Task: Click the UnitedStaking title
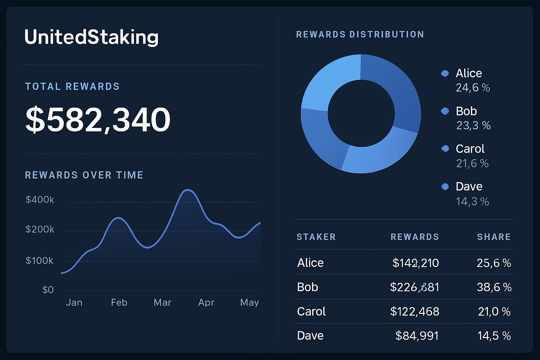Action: tap(91, 37)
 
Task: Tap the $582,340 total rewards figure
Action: tap(98, 120)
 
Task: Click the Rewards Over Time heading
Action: tap(84, 175)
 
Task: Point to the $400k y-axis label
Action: tap(40, 200)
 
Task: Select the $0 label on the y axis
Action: tap(48, 290)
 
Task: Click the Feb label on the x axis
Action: tap(119, 302)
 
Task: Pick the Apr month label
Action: tap(206, 302)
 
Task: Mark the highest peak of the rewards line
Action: tap(188, 190)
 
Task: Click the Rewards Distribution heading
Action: tap(360, 34)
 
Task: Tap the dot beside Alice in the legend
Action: tap(445, 73)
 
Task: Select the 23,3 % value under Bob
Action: tap(473, 126)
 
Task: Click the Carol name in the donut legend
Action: tap(470, 149)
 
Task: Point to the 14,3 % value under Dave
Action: tap(472, 201)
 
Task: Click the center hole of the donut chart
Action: tap(361, 113)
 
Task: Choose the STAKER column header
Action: tap(316, 237)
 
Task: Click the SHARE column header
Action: tap(494, 237)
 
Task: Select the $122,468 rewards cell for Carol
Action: tap(415, 311)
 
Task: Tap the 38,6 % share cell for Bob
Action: tap(494, 287)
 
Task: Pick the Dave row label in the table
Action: tap(310, 336)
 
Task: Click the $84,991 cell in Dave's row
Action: tap(417, 336)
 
